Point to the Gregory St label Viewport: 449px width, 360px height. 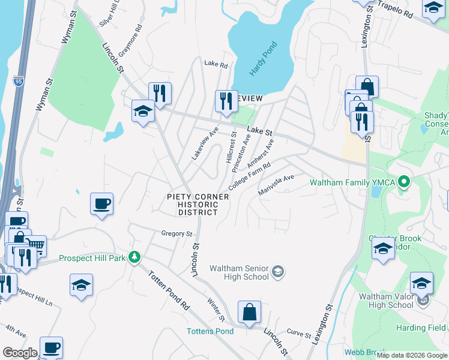click(x=176, y=233)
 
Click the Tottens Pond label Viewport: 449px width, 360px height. click(x=210, y=331)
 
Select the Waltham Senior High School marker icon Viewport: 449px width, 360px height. click(x=277, y=272)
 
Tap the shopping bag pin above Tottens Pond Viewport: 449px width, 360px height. click(x=249, y=312)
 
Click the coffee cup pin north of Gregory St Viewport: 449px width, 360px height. click(x=101, y=203)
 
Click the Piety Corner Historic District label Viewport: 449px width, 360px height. click(x=197, y=205)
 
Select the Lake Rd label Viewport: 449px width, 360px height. click(x=216, y=64)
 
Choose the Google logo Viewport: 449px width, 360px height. click(x=20, y=352)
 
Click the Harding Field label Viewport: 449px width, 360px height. click(x=421, y=328)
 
